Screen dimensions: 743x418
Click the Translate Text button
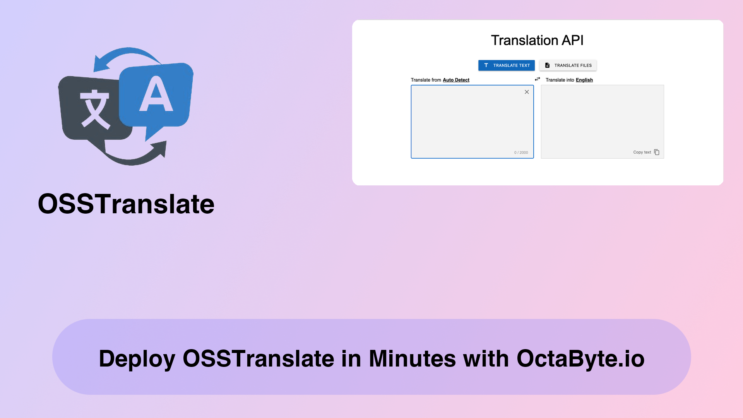coord(506,65)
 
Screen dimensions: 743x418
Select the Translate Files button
coord(568,65)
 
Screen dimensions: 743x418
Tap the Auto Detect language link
coord(456,80)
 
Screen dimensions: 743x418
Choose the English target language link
coord(584,80)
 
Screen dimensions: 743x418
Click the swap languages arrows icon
coord(538,79)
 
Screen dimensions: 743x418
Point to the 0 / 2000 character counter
coord(521,152)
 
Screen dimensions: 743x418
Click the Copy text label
coord(642,152)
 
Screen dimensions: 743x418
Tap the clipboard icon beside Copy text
coord(657,152)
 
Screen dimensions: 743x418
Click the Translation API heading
coord(537,40)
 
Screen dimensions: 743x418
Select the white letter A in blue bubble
coord(156,94)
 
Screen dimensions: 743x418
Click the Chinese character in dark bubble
coord(95,109)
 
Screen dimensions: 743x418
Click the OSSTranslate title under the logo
coord(126,204)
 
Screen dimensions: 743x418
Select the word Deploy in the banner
coord(137,359)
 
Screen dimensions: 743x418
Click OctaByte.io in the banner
coord(580,359)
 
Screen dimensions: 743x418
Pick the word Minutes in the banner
coord(412,358)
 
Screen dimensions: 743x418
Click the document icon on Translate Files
coord(547,65)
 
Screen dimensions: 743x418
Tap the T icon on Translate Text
coord(486,65)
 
